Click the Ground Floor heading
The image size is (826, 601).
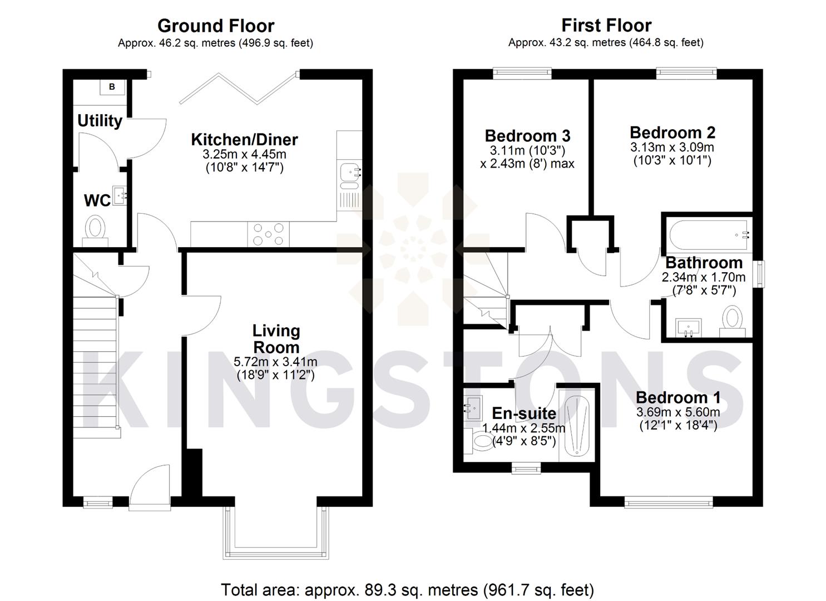(x=216, y=26)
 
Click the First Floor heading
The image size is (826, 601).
(x=606, y=25)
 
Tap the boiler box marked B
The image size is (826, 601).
(x=112, y=87)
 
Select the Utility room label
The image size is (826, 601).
(x=100, y=121)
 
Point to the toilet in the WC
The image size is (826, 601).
(x=95, y=229)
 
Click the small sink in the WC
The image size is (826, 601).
(x=120, y=195)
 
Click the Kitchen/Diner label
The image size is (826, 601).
(x=244, y=139)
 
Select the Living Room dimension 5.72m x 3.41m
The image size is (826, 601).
(x=276, y=362)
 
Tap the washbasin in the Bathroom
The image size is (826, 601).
(x=689, y=327)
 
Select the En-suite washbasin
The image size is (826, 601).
(x=474, y=408)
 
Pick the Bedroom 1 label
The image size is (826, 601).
(x=678, y=397)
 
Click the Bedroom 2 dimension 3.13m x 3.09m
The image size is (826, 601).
(x=672, y=147)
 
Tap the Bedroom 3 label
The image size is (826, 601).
(x=527, y=136)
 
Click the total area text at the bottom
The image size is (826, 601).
(x=407, y=590)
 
